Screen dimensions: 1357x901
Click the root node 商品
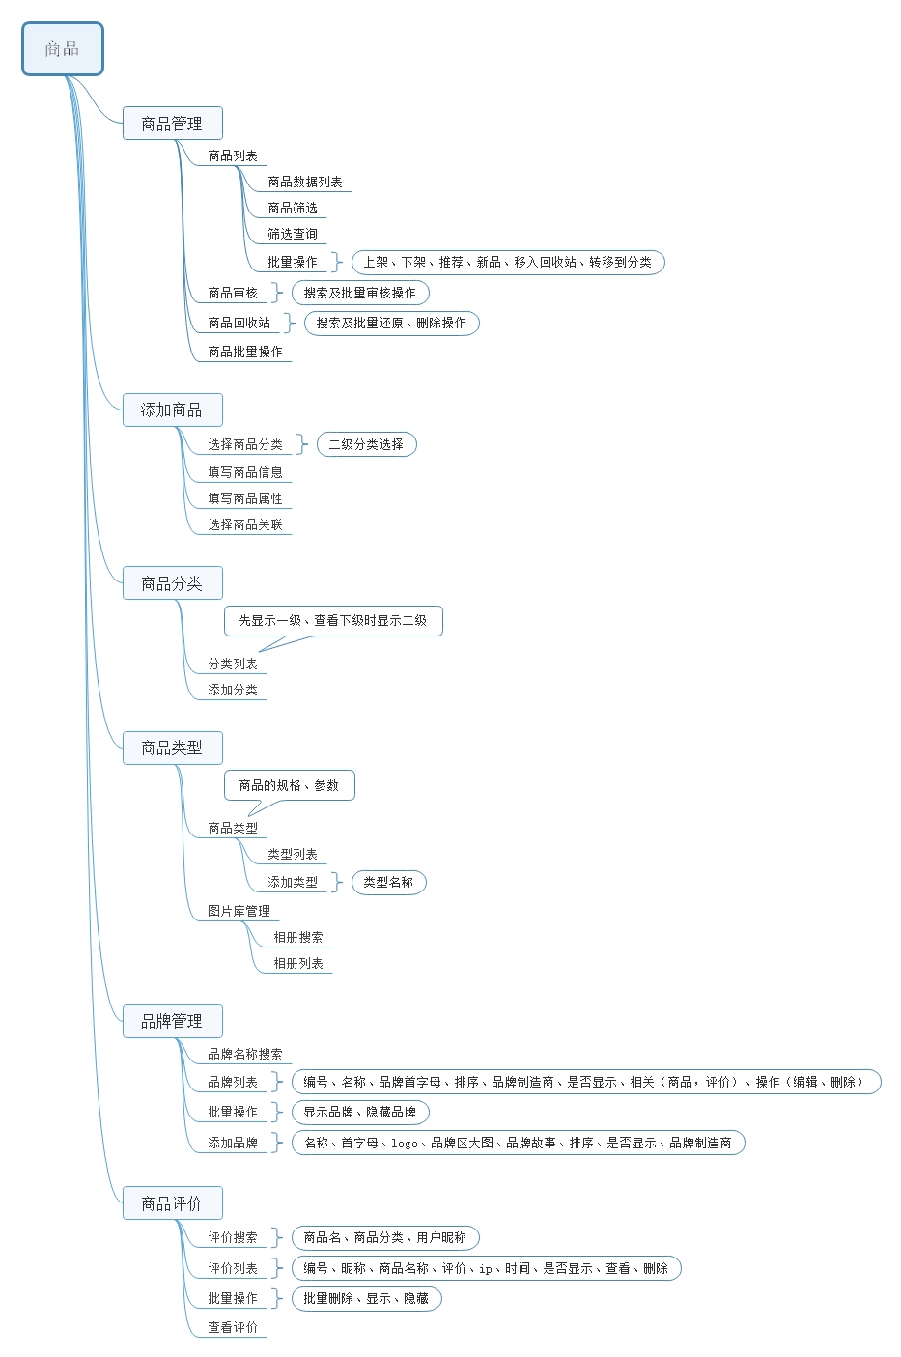[62, 49]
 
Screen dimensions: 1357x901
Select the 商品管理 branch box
[172, 124]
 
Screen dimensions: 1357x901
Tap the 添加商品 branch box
[172, 410]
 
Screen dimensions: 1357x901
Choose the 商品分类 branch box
[172, 583]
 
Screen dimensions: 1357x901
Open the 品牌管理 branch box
[172, 1021]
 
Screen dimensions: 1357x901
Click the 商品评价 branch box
[172, 1203]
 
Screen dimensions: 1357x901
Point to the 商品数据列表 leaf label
[305, 182]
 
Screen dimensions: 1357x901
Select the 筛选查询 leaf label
[293, 234]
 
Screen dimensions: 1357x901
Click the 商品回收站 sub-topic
[239, 323]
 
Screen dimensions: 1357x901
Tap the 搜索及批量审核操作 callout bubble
[360, 293]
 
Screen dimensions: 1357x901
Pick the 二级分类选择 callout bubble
[366, 444]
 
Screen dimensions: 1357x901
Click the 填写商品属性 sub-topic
[245, 498]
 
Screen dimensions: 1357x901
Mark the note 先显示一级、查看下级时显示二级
[333, 621]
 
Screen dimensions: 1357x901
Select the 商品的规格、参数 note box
[289, 785]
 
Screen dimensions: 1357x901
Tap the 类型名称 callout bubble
[388, 882]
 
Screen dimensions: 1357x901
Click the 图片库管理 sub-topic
[239, 911]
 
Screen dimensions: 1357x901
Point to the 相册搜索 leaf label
[298, 937]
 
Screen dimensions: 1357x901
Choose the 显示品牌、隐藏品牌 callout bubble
[360, 1112]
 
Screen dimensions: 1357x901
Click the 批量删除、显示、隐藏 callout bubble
[366, 1298]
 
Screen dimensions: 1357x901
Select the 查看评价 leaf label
[233, 1327]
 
